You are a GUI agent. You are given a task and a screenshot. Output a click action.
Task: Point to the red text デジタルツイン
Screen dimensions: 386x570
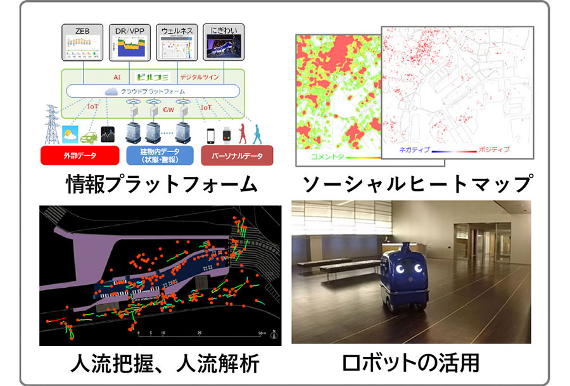pyautogui.click(x=198, y=77)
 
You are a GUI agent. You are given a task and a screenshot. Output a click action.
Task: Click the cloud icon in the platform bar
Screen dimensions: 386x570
pyautogui.click(x=113, y=91)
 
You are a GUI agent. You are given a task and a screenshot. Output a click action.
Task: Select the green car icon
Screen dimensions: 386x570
pyautogui.click(x=88, y=135)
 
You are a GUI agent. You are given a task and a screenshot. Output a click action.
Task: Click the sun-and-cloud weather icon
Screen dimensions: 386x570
pyautogui.click(x=68, y=134)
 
